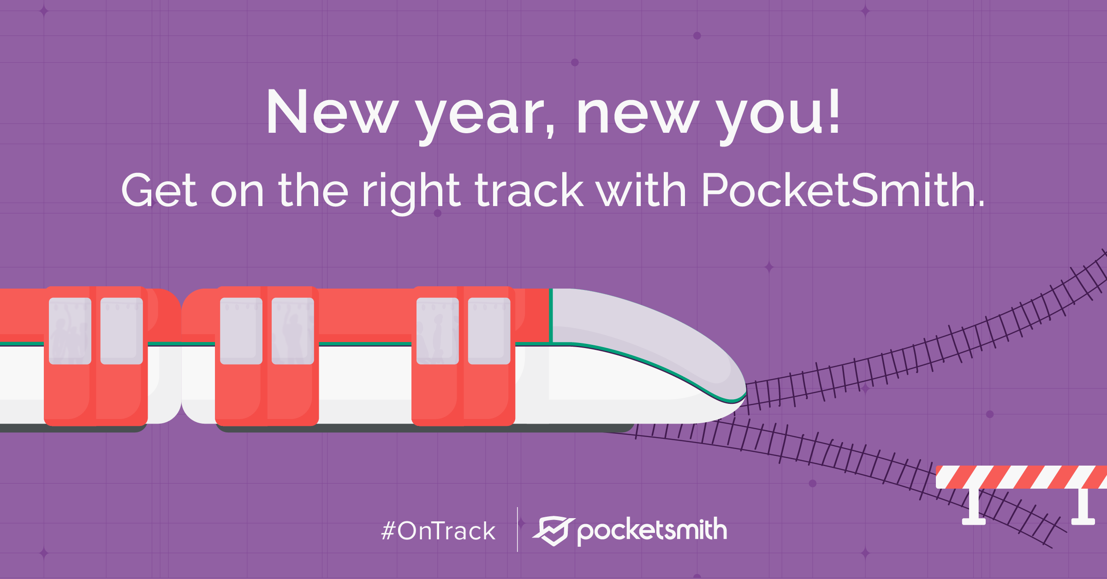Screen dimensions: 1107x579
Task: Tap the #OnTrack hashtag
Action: [438, 531]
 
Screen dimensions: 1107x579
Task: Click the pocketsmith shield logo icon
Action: [553, 531]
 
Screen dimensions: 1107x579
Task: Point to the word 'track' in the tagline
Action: [529, 190]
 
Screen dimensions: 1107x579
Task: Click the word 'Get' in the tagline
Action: [159, 190]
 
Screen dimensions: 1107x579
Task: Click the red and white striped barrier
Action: [1021, 477]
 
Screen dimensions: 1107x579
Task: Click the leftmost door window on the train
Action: [70, 331]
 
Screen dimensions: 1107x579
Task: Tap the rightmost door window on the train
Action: [489, 331]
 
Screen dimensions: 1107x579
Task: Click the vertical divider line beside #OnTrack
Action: [518, 530]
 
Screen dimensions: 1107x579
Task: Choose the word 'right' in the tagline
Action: [411, 193]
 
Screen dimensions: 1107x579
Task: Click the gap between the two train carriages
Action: [181, 357]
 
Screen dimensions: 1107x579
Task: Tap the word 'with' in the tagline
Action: [642, 190]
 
